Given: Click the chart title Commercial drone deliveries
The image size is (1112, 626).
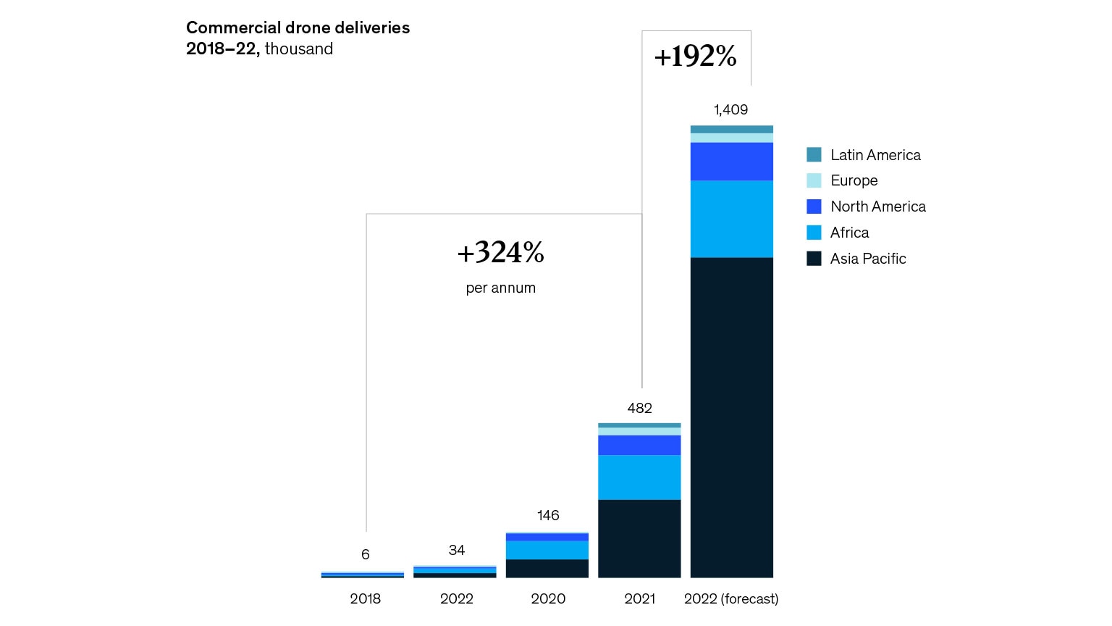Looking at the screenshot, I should click(298, 28).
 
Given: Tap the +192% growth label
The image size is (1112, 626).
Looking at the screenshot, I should click(695, 57).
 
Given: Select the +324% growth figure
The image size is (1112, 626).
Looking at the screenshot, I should click(500, 252).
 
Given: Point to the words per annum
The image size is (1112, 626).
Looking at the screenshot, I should click(500, 288).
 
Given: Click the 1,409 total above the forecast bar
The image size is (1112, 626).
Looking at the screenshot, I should click(730, 109).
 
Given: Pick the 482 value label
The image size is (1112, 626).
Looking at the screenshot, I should click(639, 408).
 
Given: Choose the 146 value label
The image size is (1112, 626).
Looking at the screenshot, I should click(547, 515).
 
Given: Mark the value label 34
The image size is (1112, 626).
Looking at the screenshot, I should click(456, 550).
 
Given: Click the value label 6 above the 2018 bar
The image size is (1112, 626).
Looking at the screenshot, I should click(365, 554).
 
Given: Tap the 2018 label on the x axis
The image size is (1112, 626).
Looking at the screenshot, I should click(365, 598).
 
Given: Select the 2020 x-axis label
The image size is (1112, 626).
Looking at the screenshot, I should click(547, 598).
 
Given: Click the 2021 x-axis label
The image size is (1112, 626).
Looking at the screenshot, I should click(639, 598).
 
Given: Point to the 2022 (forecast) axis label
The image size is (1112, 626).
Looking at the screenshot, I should click(731, 598).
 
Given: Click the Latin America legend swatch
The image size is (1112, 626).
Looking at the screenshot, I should click(814, 154).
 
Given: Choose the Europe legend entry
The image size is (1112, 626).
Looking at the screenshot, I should click(854, 180).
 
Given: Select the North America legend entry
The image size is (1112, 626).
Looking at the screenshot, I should click(877, 206).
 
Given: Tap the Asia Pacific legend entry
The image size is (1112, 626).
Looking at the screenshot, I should click(867, 259).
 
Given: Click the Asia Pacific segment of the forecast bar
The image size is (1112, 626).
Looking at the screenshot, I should click(731, 417).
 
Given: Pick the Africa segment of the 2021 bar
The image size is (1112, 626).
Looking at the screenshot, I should click(639, 477).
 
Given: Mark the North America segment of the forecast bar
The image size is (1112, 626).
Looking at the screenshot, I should click(731, 161).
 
